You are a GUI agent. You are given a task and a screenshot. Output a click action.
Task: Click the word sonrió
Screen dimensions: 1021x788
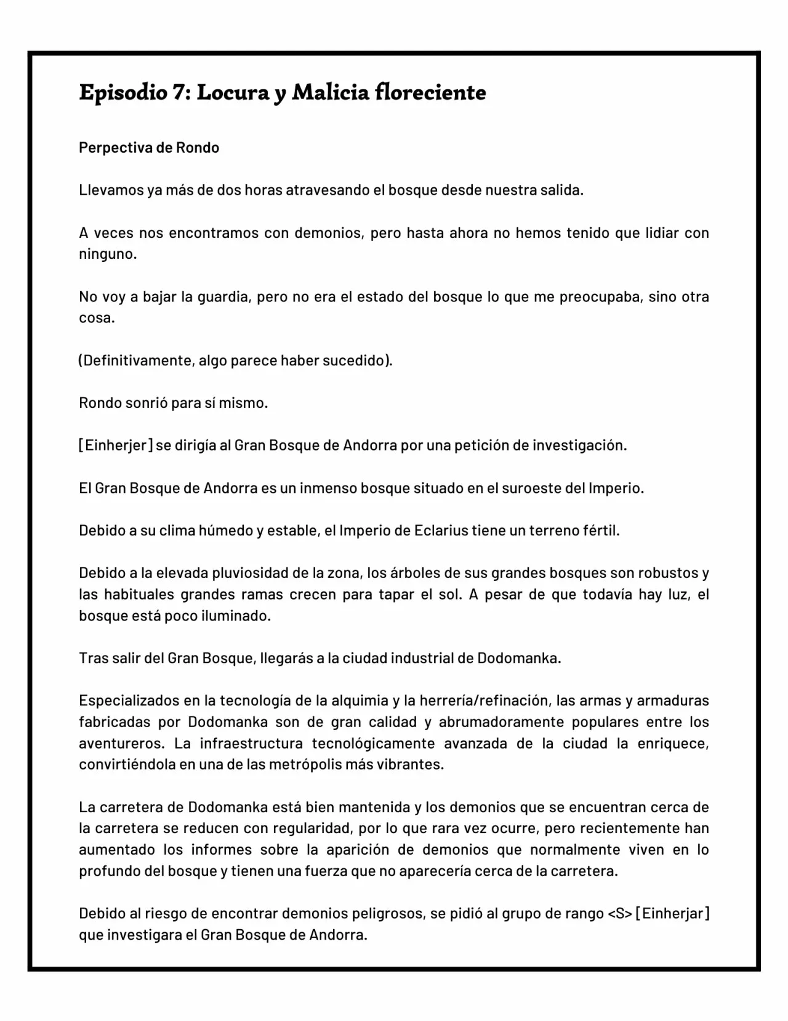(x=147, y=403)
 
